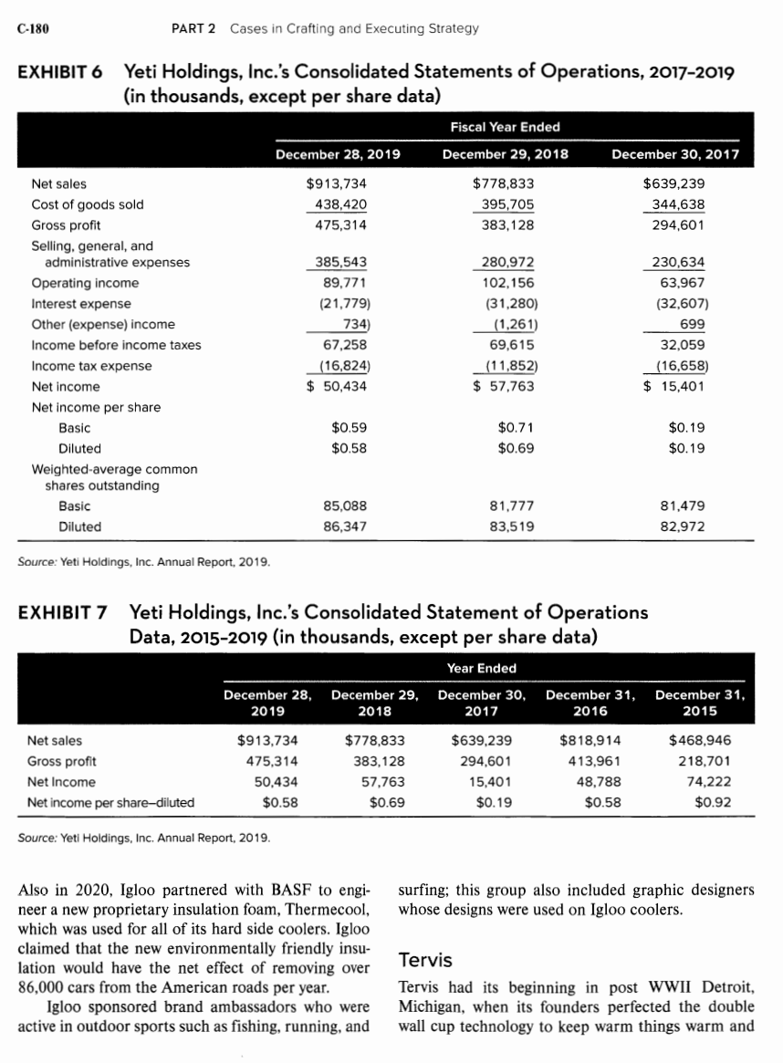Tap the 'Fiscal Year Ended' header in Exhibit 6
click(x=506, y=126)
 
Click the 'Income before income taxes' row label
click(x=117, y=345)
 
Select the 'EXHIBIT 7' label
click(x=62, y=612)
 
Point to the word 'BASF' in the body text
click(x=242, y=891)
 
